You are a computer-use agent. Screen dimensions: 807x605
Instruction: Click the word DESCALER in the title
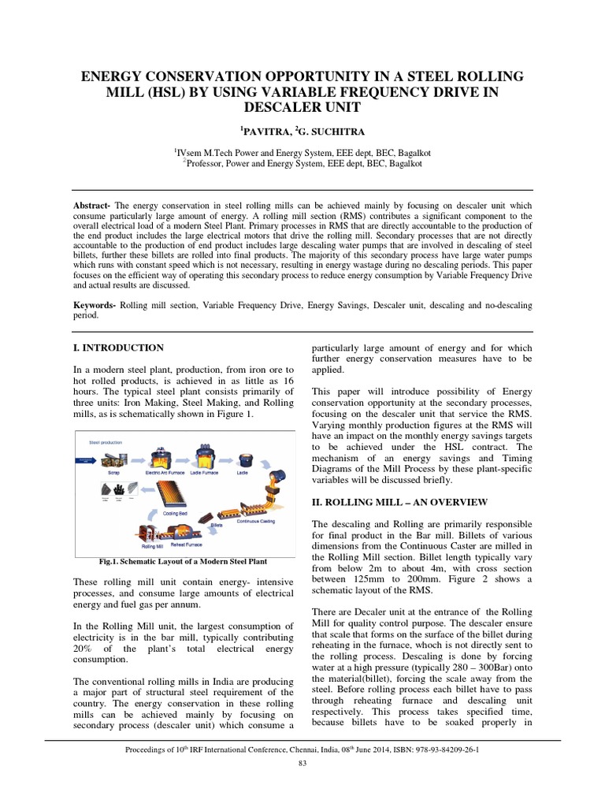coord(302,106)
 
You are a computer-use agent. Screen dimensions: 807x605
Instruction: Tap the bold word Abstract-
coord(92,203)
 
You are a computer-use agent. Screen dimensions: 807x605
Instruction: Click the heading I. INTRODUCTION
coord(118,348)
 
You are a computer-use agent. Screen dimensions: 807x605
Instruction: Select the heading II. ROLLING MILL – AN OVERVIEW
coord(400,502)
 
